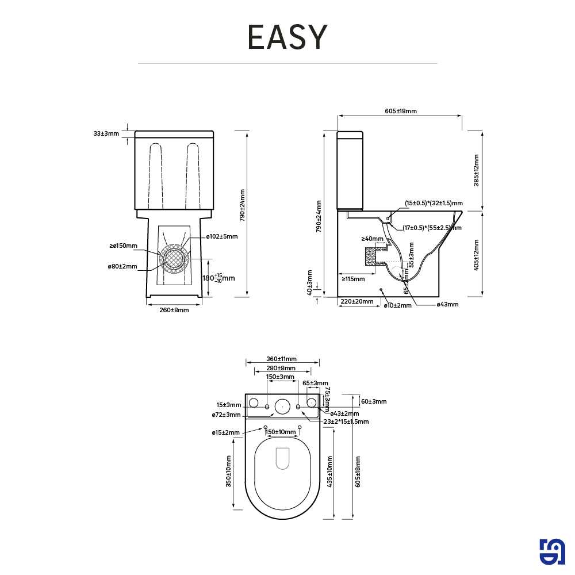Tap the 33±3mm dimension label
coord(106,133)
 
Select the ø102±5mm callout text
coord(222,236)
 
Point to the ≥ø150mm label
coord(123,246)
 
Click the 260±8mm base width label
coord(174,310)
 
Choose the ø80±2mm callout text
coord(122,266)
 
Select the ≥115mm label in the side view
coord(353,279)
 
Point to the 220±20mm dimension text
coord(356,301)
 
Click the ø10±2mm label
coord(398,305)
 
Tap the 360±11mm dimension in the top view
coord(282,359)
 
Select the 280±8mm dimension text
coord(281,368)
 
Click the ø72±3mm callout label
coord(225,415)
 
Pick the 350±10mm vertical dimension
coord(229,472)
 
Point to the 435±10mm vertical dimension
coord(330,472)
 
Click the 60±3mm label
coord(374,401)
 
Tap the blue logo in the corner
coord(553,553)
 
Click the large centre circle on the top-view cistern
coord(282,407)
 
